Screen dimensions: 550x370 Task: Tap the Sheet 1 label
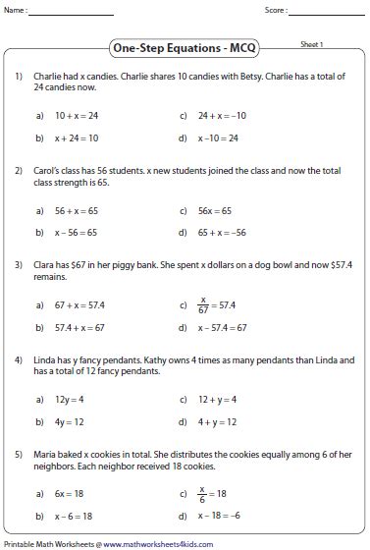tap(312, 45)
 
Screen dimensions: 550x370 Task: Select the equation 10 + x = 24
tap(76, 115)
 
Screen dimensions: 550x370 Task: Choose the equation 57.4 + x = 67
tap(79, 328)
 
